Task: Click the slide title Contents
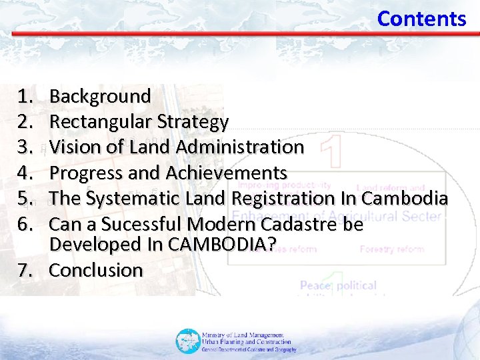point(421,19)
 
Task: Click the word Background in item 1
point(101,97)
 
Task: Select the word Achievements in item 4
point(227,173)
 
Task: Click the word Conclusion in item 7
point(97,271)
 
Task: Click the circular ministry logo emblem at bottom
point(187,341)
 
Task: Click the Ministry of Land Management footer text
point(243,335)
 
